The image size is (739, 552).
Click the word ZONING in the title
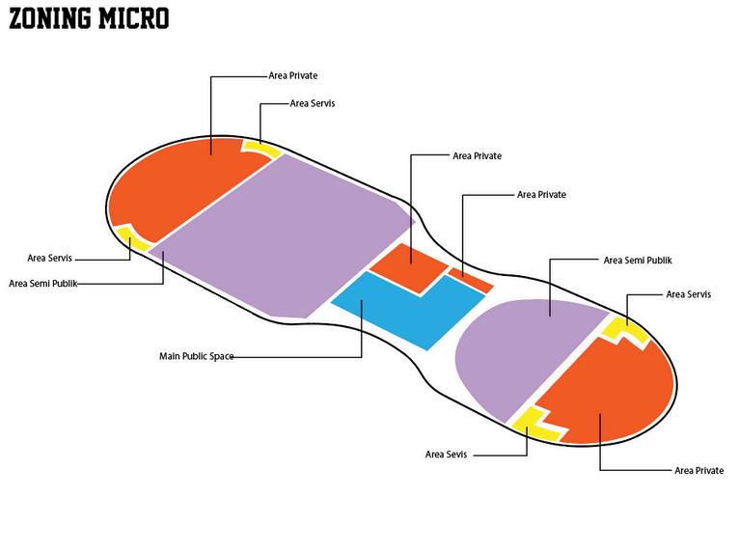[x=50, y=19]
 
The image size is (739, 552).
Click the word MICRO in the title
[x=134, y=19]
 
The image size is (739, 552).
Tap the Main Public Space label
[x=197, y=356]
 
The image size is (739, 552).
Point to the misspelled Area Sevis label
[x=446, y=455]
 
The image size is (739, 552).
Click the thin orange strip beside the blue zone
[x=471, y=280]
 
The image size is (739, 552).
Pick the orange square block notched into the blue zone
[x=409, y=267]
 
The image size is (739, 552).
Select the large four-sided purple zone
[x=283, y=235]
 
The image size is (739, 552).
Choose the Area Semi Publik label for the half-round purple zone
[x=638, y=261]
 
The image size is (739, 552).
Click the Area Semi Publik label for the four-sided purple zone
[x=42, y=284]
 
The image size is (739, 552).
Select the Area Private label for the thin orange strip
[x=541, y=195]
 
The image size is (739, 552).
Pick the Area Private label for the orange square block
[x=477, y=156]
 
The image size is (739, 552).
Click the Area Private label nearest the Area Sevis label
[x=698, y=470]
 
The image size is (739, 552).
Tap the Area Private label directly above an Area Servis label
[x=293, y=75]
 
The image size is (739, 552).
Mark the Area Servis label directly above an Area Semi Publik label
[x=49, y=258]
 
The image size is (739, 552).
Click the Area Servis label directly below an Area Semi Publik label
[x=689, y=294]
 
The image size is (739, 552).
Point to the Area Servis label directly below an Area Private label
[x=313, y=103]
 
